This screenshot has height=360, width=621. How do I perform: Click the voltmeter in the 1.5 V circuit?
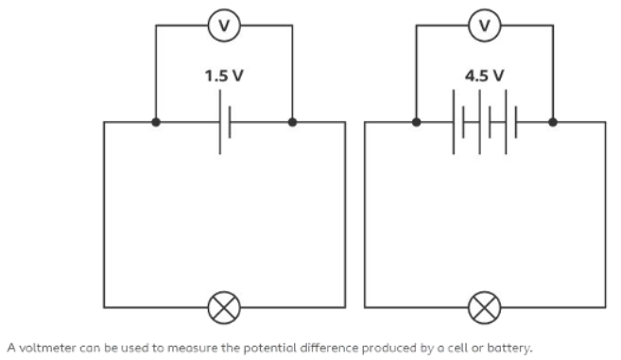[224, 25]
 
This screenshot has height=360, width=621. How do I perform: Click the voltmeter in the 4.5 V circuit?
[485, 25]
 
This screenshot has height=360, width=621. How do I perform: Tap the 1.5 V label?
[224, 76]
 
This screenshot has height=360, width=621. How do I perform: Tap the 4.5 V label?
[485, 76]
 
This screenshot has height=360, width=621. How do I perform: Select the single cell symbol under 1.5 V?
[224, 122]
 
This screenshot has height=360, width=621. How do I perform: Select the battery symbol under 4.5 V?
[485, 122]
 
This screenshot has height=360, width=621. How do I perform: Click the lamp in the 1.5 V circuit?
[224, 307]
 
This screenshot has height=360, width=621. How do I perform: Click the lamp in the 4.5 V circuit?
[485, 307]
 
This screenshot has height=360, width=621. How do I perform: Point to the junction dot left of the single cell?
[155, 122]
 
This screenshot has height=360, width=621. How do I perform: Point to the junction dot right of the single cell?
[292, 122]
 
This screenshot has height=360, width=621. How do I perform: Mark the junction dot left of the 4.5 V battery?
[416, 122]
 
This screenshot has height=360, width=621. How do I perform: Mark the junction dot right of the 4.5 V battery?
[553, 122]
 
